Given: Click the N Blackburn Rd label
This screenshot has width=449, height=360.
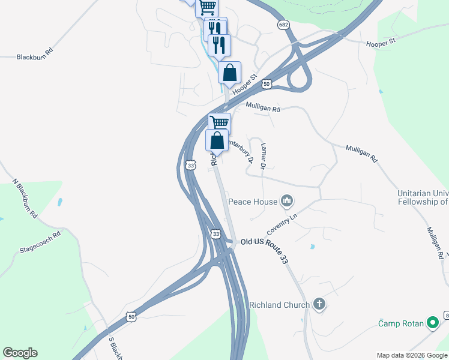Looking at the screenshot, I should click(x=25, y=198).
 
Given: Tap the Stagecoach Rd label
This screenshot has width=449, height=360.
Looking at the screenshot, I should click(x=40, y=241).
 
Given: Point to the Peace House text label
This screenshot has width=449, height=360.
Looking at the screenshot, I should click(x=252, y=202).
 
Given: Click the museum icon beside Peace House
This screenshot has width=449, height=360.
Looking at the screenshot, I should click(x=287, y=201).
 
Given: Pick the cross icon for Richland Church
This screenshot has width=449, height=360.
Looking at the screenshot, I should click(x=319, y=304).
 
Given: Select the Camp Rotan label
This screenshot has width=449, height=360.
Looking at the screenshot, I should click(x=400, y=323).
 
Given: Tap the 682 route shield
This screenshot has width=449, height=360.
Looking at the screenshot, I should click(x=285, y=25).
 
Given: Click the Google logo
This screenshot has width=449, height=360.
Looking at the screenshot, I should click(x=20, y=353).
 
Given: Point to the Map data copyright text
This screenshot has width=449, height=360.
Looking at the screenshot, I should click(x=411, y=355).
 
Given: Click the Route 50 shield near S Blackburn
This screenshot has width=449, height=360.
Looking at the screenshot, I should click(x=131, y=316).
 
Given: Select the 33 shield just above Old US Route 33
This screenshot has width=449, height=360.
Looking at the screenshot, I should click(x=215, y=233).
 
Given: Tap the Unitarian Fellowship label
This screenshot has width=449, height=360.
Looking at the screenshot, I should click(x=423, y=197).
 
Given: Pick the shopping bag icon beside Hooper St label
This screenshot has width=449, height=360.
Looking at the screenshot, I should click(x=229, y=73).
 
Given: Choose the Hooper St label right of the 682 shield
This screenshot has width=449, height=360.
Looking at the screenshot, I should click(x=381, y=42).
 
